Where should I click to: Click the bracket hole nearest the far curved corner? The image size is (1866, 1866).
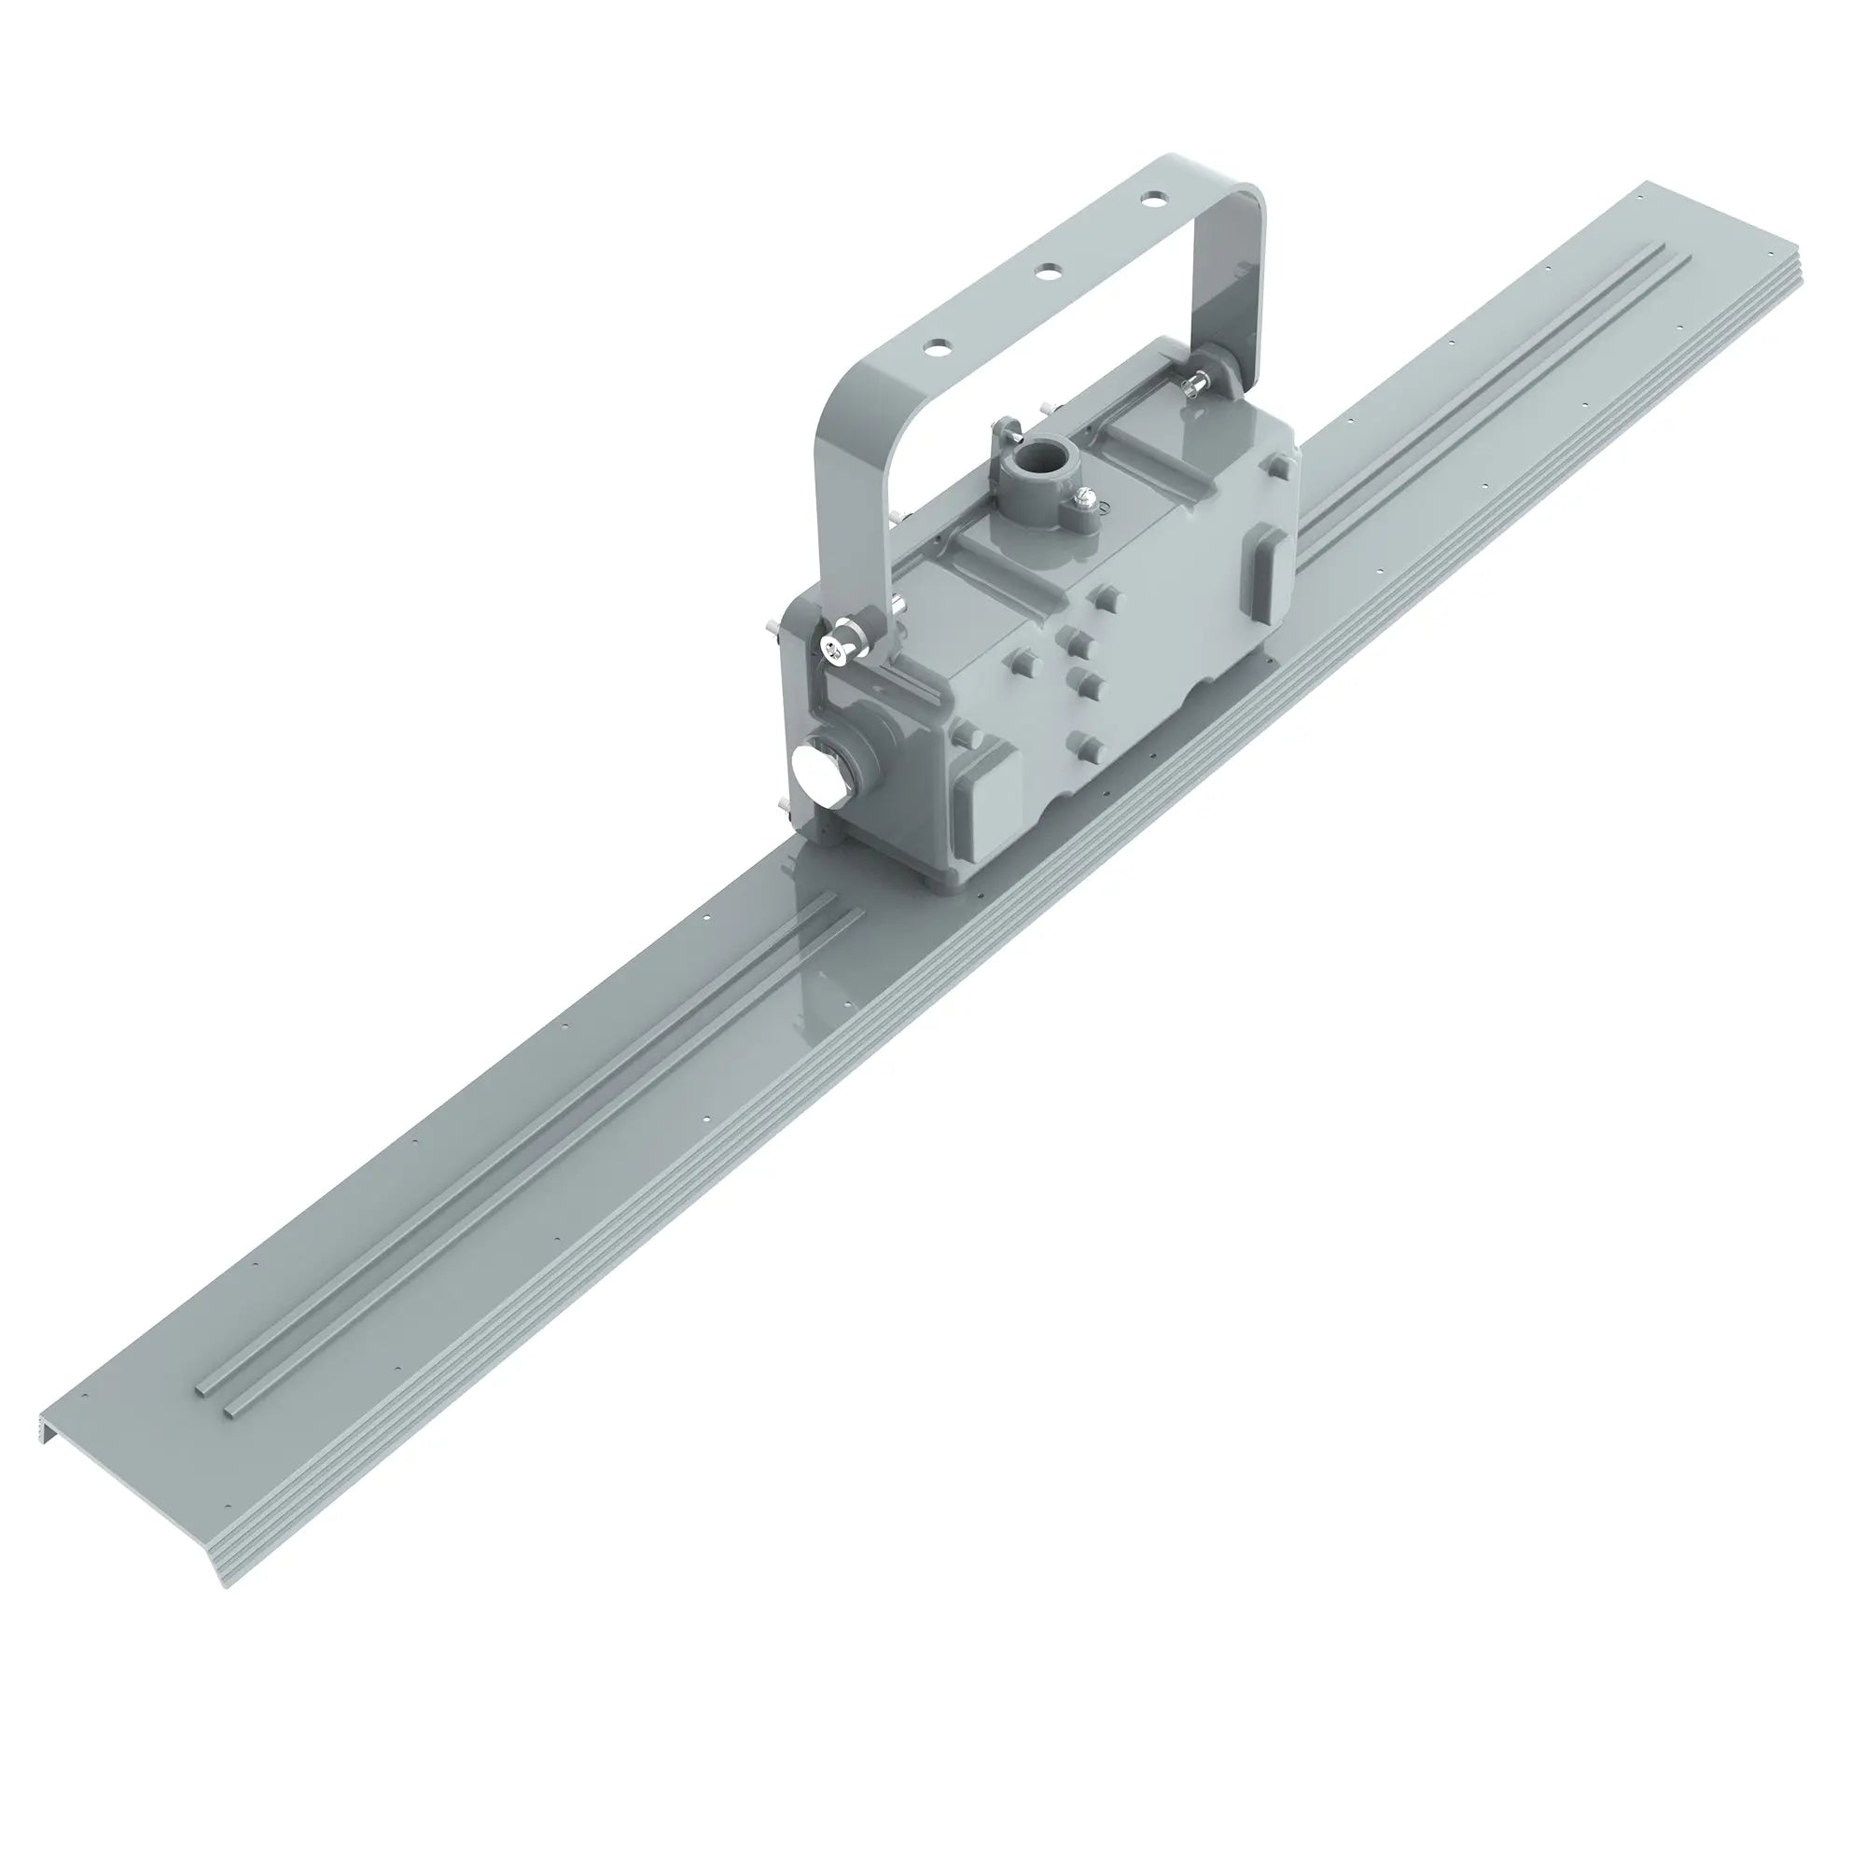[1152, 200]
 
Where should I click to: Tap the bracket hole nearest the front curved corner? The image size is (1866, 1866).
[934, 346]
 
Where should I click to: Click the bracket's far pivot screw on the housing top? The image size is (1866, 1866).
[1195, 384]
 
